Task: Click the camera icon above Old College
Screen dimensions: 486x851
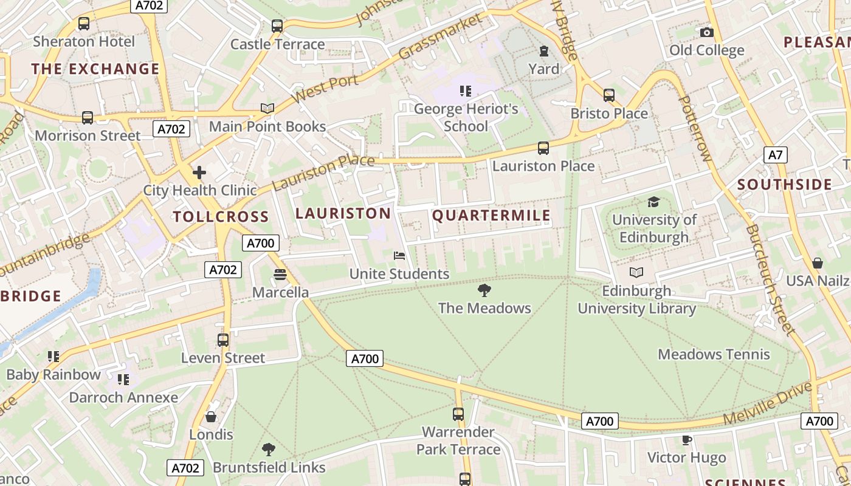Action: [x=706, y=32]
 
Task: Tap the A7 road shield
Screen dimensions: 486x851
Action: [x=775, y=155]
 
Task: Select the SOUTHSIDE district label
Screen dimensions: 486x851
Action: [x=784, y=185]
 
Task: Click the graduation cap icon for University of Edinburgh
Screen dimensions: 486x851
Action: [x=653, y=202]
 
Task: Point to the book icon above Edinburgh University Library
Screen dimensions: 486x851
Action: [x=636, y=273]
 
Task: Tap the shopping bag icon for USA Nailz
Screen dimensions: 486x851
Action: [x=818, y=263]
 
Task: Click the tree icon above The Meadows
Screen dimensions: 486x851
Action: [x=484, y=290]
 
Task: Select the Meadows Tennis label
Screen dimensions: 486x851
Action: [x=714, y=354]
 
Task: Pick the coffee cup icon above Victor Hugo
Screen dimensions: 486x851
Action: [x=686, y=440]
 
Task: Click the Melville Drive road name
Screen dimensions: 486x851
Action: [x=767, y=403]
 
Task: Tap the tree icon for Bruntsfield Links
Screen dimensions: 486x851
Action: [x=268, y=450]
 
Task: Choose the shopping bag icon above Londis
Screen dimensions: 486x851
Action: [x=211, y=417]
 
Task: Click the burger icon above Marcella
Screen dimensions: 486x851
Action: [x=280, y=275]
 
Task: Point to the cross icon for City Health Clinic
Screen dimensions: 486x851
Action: [x=199, y=173]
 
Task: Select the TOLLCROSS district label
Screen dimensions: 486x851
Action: [x=221, y=217]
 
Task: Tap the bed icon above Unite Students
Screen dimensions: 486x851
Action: [x=399, y=256]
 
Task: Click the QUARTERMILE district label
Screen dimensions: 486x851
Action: [x=491, y=216]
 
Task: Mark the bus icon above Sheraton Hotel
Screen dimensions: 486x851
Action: [x=84, y=24]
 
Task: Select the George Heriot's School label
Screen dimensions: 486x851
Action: [x=466, y=117]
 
